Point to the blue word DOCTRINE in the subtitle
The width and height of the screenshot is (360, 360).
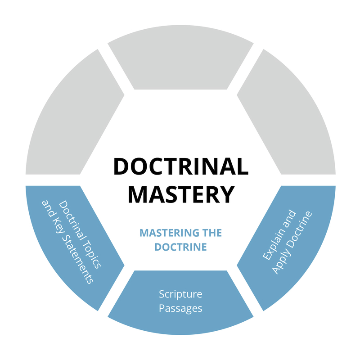coord(180,247)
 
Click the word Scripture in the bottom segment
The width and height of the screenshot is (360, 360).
coord(180,294)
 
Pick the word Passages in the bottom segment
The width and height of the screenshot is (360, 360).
coord(180,308)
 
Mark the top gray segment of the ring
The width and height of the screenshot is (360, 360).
coord(180,63)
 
